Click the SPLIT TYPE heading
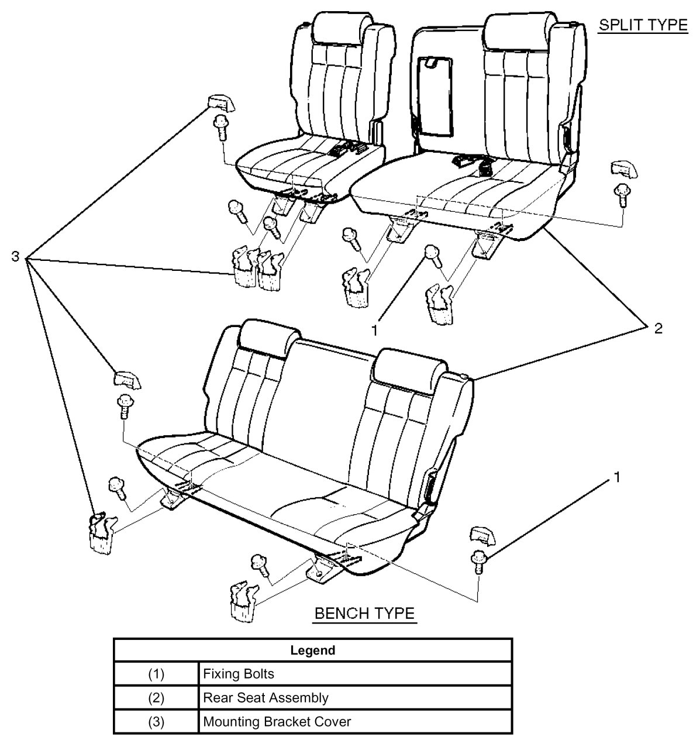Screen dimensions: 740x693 pos(642,25)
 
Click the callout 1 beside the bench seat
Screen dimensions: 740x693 pos(615,478)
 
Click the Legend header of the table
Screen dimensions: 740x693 pos(312,650)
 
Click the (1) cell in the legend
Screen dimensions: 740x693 pos(156,674)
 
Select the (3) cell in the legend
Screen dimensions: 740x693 pos(156,722)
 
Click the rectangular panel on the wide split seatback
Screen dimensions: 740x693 pos(437,94)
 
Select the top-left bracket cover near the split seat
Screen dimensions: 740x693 pos(220,102)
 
